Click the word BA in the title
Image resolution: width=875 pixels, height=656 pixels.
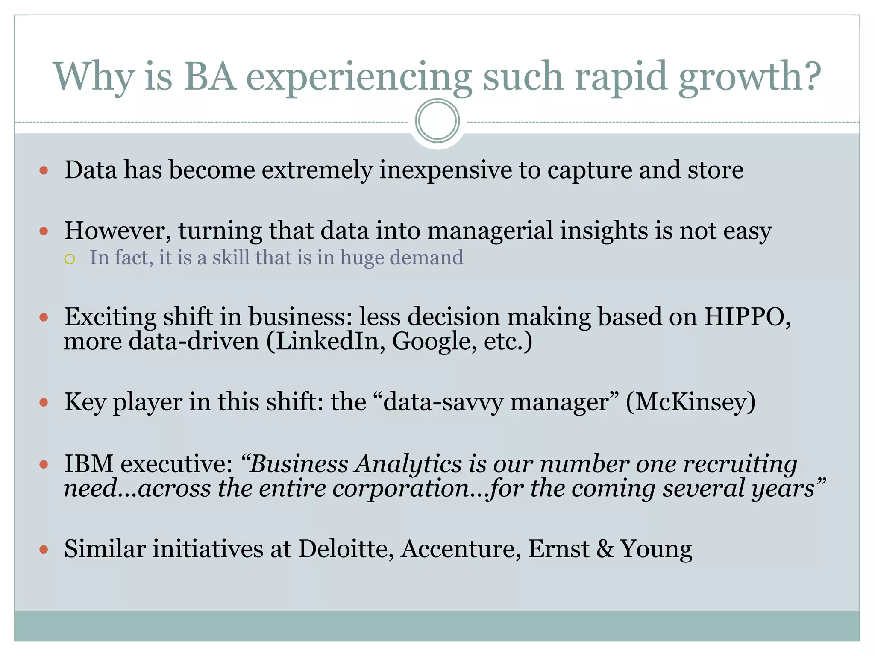pyautogui.click(x=210, y=76)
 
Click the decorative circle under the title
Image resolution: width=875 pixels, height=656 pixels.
pyautogui.click(x=437, y=121)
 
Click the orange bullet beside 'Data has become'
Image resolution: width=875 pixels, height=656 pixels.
pyautogui.click(x=44, y=171)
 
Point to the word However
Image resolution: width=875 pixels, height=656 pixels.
pyautogui.click(x=117, y=231)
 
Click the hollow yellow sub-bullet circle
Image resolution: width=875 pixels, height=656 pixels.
pyautogui.click(x=70, y=259)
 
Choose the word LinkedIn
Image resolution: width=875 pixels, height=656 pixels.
pyautogui.click(x=327, y=341)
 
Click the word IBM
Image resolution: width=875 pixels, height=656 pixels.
pyautogui.click(x=88, y=463)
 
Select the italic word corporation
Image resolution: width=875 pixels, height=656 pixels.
pyautogui.click(x=400, y=488)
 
